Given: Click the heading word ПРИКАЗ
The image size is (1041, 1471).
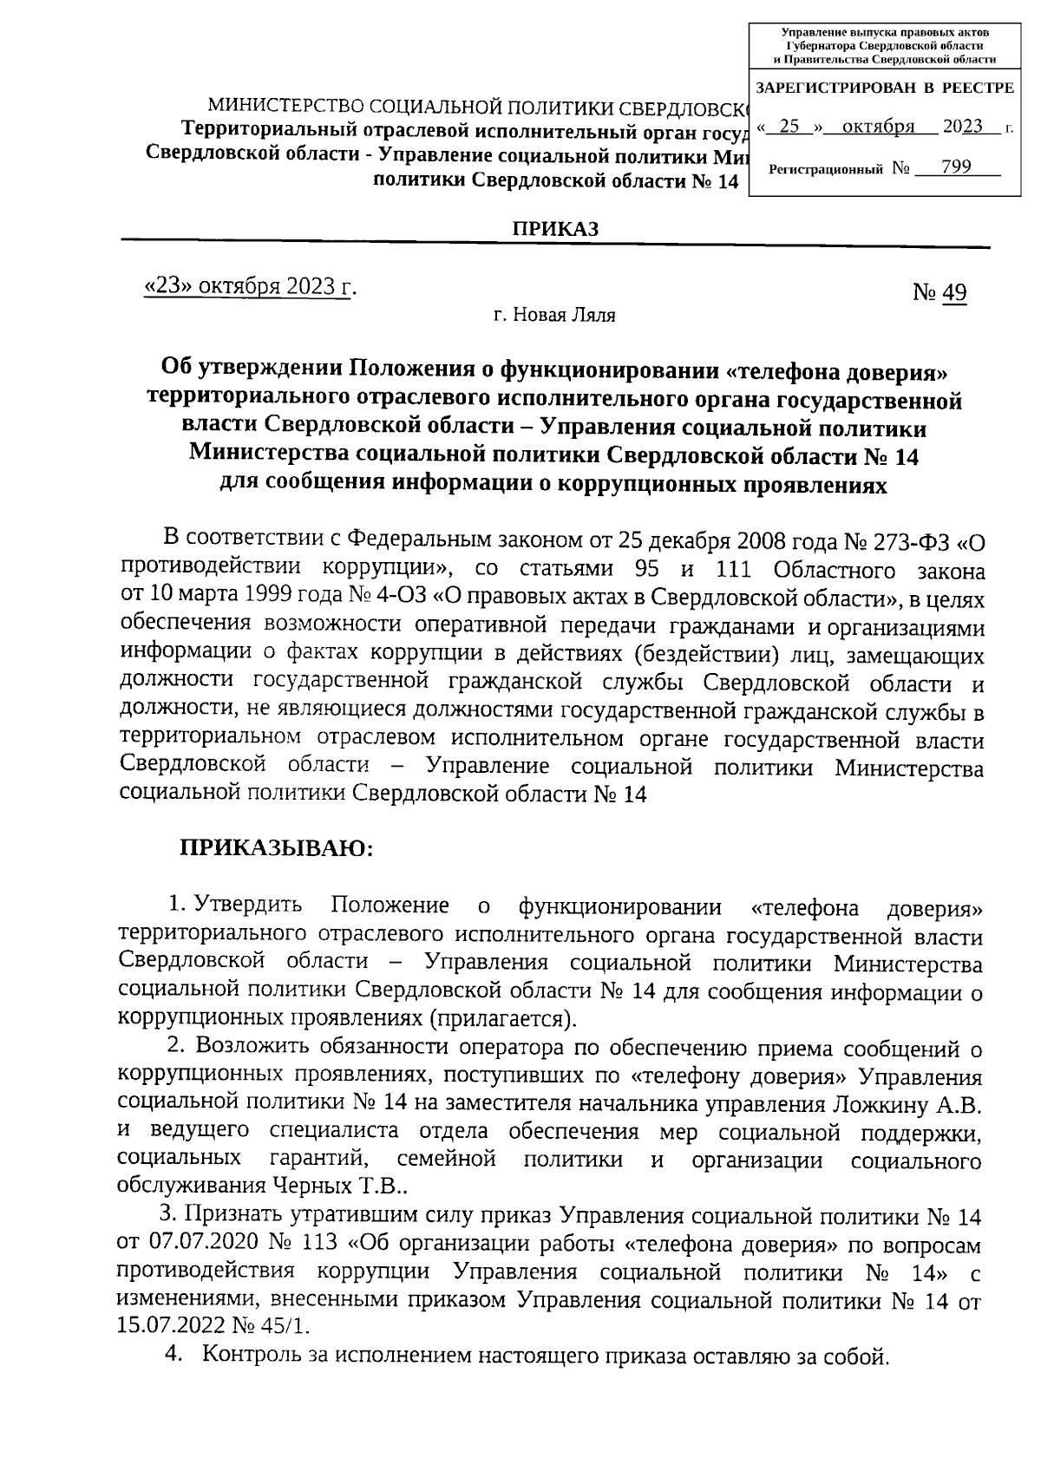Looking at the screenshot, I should coord(555,229).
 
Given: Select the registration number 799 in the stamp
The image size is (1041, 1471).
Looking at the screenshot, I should coord(955,167).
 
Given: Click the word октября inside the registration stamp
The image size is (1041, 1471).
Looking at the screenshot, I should coord(879,127).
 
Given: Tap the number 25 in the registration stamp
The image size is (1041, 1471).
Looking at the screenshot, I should coord(789,127).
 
